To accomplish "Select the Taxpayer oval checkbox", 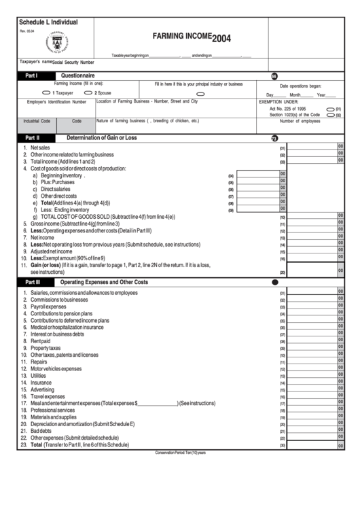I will [x=46, y=92].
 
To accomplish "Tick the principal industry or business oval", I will [x=200, y=94].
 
